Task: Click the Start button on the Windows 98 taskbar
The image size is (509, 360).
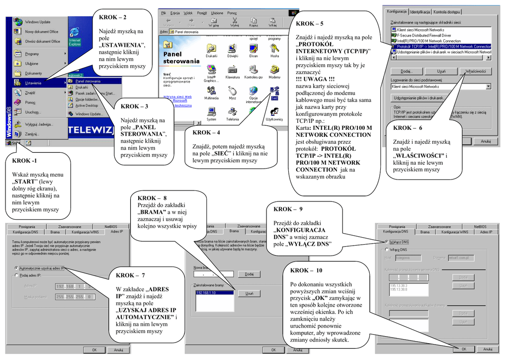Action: tap(13, 143)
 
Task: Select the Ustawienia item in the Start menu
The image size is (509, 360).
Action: tap(33, 83)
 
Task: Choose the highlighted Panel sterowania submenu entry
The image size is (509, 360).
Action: tap(88, 81)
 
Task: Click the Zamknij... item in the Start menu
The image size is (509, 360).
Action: tap(32, 134)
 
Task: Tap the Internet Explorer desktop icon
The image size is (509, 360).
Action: tap(75, 37)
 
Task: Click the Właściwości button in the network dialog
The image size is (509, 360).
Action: tap(475, 72)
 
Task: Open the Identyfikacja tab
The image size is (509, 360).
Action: tap(420, 12)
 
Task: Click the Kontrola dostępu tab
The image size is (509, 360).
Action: tap(447, 12)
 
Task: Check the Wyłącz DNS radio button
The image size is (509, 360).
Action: tap(386, 242)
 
